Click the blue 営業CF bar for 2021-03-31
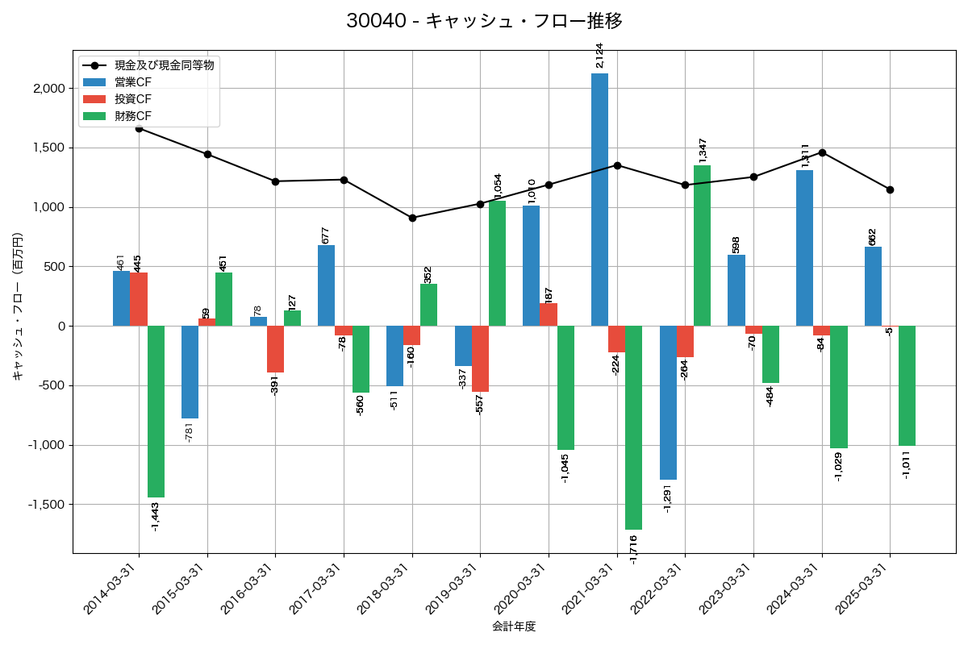[x=599, y=199]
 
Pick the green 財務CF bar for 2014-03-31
[x=156, y=411]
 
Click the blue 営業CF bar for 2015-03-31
[x=190, y=372]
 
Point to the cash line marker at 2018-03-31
[x=412, y=218]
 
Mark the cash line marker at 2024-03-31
[x=822, y=152]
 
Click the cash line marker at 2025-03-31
[x=890, y=189]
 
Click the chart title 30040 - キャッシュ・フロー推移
[x=484, y=21]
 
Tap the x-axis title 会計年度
[x=514, y=626]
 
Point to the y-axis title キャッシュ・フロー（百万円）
[x=18, y=306]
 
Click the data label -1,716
[x=633, y=548]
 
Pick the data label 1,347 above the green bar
[x=703, y=151]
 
